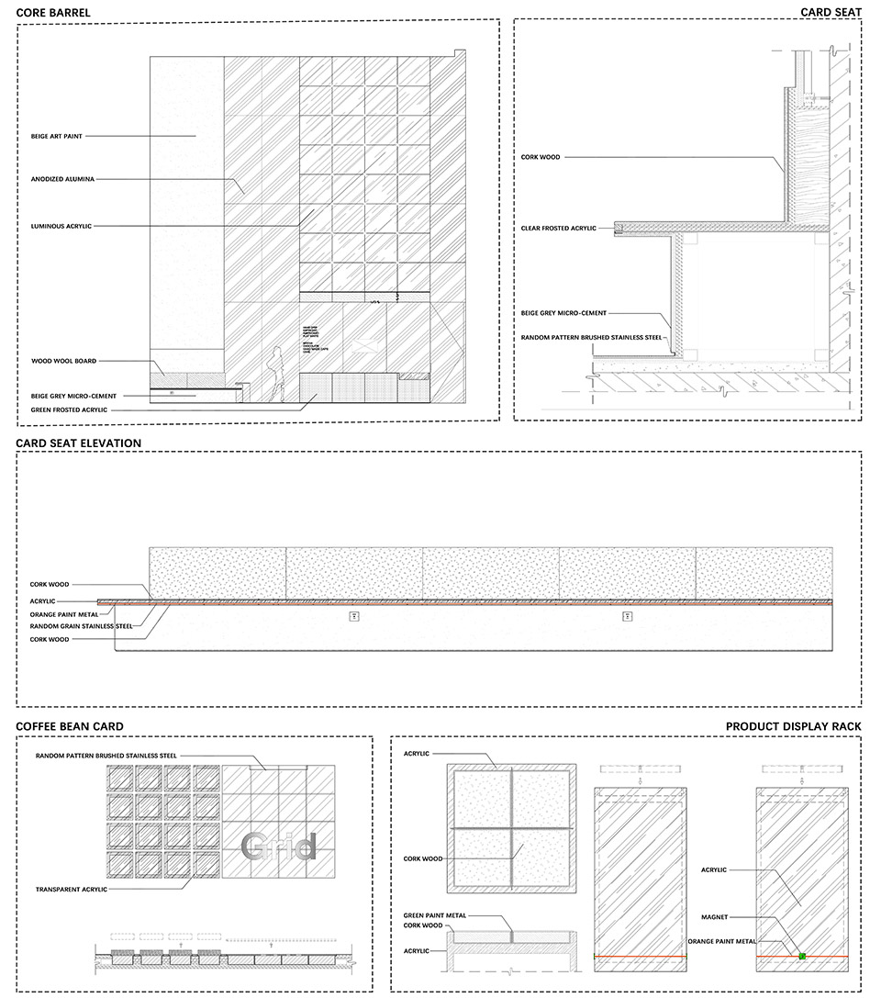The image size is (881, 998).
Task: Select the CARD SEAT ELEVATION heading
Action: [x=79, y=443]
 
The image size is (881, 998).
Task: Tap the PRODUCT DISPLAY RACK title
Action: [x=793, y=726]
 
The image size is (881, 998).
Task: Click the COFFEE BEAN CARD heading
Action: [x=70, y=726]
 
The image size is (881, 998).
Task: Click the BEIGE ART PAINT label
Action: [x=57, y=136]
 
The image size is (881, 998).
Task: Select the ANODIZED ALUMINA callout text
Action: [x=62, y=179]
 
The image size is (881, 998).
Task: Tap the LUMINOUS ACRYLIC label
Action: [x=61, y=225]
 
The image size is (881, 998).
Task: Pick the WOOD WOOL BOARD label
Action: [x=63, y=361]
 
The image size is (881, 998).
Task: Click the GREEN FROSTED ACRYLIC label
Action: [x=69, y=409]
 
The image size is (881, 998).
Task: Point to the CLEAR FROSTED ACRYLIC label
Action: [x=559, y=228]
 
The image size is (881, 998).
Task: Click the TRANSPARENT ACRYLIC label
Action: [x=72, y=889]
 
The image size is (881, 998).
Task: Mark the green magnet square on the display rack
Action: [x=802, y=957]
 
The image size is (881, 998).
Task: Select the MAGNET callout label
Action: [x=714, y=916]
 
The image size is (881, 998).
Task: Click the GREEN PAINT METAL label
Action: [x=435, y=915]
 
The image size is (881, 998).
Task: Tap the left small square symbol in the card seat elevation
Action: [x=354, y=617]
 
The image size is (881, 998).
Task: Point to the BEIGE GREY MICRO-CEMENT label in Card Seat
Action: [x=564, y=313]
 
